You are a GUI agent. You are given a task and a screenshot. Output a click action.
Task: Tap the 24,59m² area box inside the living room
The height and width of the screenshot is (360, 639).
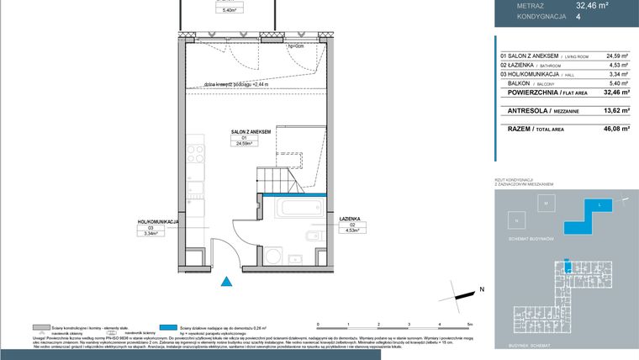coord(244,143)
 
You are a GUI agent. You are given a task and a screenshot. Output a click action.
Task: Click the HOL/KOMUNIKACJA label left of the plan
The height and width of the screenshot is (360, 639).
coord(159,221)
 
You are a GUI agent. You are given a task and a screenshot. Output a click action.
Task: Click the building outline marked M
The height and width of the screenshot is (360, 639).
coord(545,204)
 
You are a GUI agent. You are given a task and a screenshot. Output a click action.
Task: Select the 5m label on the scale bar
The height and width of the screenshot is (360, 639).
coord(470,323)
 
